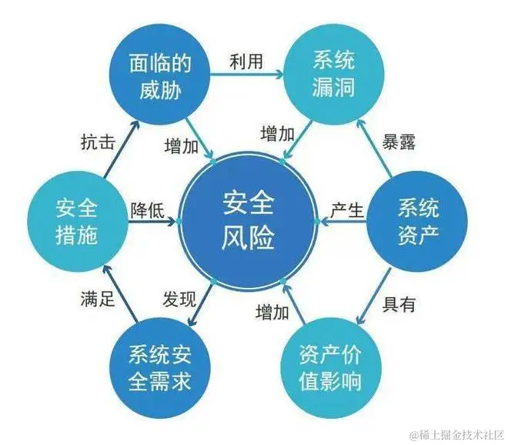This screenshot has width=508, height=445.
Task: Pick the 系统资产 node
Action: [418, 220]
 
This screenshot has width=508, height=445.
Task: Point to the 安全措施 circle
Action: [77, 220]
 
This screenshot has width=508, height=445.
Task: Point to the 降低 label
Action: [147, 209]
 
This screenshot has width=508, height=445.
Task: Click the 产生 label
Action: [347, 209]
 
